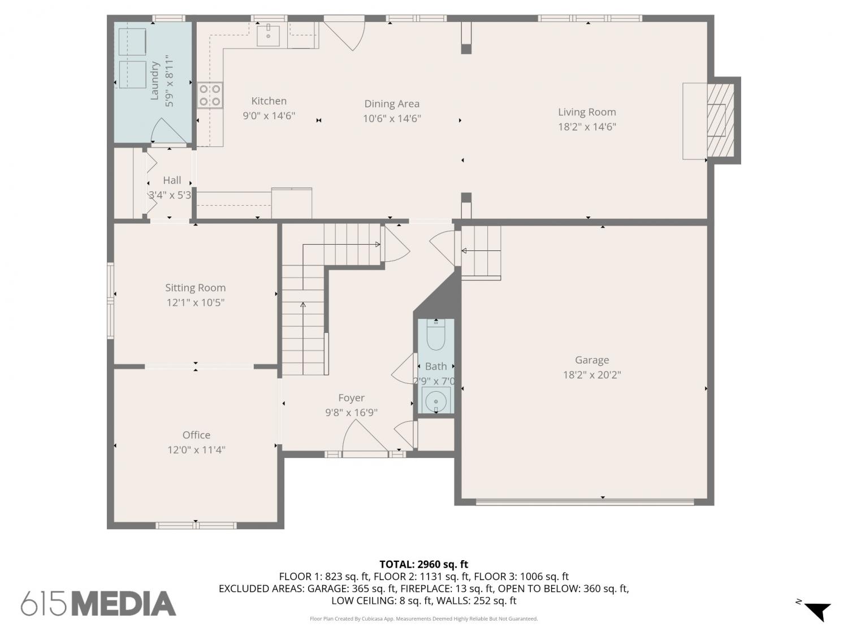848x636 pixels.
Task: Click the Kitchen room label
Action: [269, 101]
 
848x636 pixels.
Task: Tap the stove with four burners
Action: [210, 96]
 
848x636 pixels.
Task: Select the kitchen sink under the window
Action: [268, 34]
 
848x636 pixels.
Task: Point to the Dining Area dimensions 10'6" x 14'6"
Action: [392, 119]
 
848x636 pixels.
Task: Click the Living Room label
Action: [587, 113]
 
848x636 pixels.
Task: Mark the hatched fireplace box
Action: [720, 120]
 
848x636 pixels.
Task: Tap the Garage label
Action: [592, 360]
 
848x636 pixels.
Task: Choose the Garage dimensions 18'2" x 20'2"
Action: [592, 375]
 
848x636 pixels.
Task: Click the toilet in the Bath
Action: [436, 335]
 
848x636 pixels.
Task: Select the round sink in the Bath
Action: [436, 401]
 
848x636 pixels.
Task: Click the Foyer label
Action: [351, 398]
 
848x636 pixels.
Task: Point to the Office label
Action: [196, 435]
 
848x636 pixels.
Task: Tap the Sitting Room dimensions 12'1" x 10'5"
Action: [196, 303]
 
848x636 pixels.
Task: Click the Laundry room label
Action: [154, 81]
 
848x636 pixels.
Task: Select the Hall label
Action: [172, 180]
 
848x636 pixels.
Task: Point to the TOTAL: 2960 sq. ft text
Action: [424, 565]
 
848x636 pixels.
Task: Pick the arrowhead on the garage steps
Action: [464, 251]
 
